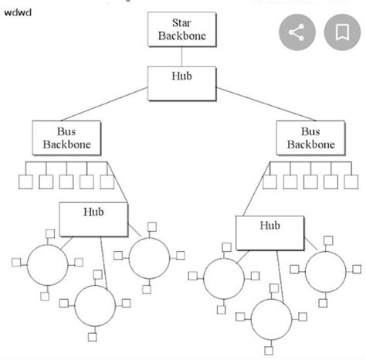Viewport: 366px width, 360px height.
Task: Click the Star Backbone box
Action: tap(181, 29)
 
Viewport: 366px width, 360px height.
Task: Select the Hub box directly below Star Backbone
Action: tap(181, 83)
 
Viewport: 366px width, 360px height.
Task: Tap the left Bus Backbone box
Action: tap(62, 137)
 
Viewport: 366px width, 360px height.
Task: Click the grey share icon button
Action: tap(297, 32)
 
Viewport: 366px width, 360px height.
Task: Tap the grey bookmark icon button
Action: tap(341, 32)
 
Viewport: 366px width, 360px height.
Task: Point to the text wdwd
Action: tap(16, 12)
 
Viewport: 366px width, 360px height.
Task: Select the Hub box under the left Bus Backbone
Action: tap(93, 219)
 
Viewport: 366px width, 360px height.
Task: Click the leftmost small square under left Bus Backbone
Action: tap(25, 182)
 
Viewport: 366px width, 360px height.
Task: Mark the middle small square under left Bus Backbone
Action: tap(66, 182)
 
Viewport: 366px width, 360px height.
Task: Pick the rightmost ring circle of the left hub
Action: tap(148, 257)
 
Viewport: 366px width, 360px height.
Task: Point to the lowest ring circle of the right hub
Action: tap(271, 318)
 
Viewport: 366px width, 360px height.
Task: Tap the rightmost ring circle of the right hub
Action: tap(325, 271)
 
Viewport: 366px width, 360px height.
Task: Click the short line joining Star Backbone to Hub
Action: tap(181, 56)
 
